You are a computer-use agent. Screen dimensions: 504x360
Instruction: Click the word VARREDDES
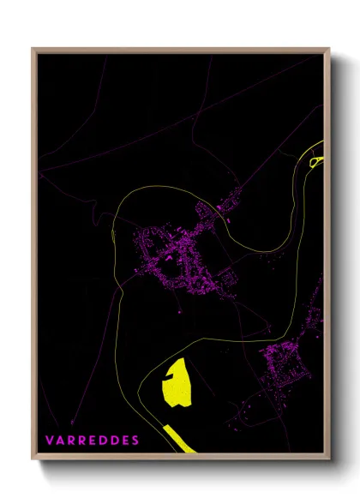(x=93, y=440)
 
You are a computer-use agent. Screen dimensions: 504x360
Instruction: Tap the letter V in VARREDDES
(x=50, y=440)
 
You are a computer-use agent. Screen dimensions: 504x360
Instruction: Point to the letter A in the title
(x=61, y=440)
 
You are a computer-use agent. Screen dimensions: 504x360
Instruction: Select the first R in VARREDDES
(x=72, y=440)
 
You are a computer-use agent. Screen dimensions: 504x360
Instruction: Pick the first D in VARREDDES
(x=104, y=440)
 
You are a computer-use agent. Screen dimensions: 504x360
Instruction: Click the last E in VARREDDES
(x=125, y=440)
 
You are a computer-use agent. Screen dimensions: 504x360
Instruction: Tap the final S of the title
(x=135, y=440)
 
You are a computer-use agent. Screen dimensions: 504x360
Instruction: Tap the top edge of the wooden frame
(x=180, y=49)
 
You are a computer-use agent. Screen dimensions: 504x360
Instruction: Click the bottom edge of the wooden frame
(x=180, y=459)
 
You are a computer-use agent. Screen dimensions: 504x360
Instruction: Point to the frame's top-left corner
(x=34, y=49)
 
